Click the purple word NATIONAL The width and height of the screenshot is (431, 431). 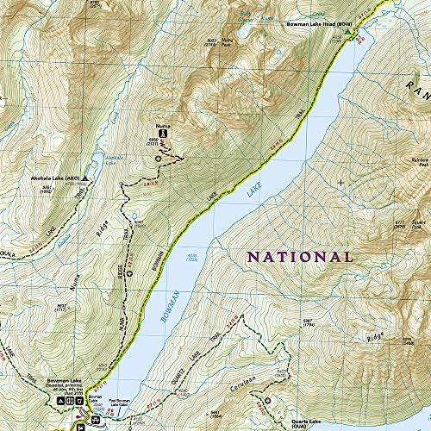pyautogui.click(x=300, y=257)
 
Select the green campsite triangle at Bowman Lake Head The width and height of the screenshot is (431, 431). pyautogui.click(x=348, y=32)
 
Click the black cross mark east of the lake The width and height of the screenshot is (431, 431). pyautogui.click(x=342, y=183)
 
